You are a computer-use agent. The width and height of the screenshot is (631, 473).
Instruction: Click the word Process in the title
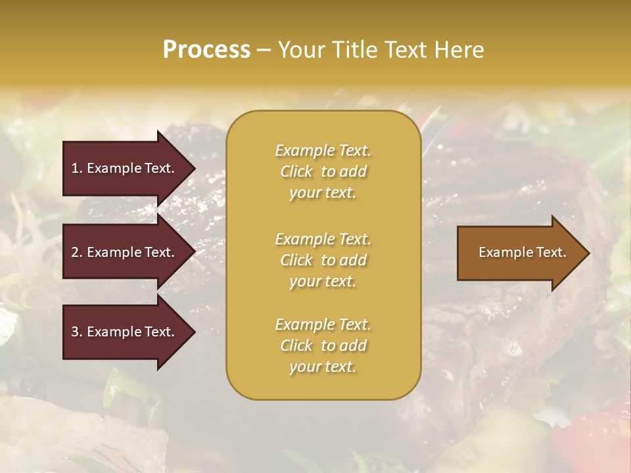tap(206, 50)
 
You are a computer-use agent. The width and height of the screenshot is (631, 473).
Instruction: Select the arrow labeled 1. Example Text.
tap(125, 168)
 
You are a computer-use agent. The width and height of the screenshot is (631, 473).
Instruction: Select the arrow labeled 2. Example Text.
tap(125, 252)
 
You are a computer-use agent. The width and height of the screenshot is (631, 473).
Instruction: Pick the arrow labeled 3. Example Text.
tap(125, 332)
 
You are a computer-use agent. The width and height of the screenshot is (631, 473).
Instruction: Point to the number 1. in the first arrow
tap(77, 168)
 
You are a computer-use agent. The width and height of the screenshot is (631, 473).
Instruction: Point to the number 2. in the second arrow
tap(77, 252)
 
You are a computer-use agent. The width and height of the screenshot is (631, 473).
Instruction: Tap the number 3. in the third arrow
tap(77, 332)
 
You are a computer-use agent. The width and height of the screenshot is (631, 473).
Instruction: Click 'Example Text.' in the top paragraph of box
tap(323, 150)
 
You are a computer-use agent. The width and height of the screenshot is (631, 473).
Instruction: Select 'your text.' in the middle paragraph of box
tap(323, 281)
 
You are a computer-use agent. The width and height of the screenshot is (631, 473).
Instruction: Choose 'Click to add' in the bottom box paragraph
tap(323, 346)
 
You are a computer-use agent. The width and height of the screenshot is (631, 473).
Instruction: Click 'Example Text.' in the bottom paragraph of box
tap(323, 325)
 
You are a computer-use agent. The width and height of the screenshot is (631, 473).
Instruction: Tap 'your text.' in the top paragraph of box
tap(323, 192)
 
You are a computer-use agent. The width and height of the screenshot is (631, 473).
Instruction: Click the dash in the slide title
tap(264, 51)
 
